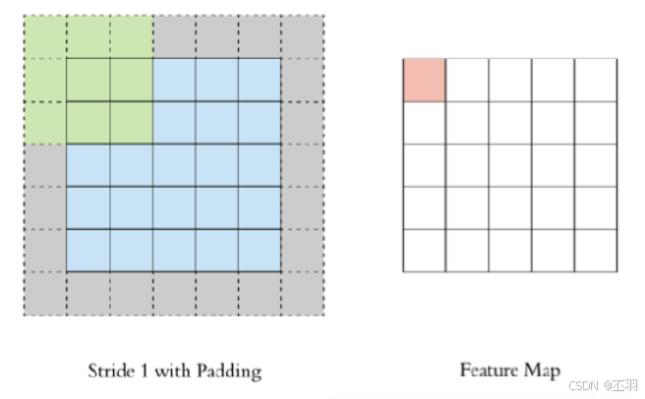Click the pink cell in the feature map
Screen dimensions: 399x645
coord(424,80)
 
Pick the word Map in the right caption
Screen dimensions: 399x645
coord(544,371)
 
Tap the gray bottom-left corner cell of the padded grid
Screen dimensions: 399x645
coord(44,293)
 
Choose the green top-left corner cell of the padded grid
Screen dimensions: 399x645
coord(44,37)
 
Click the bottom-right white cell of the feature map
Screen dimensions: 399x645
coord(595,250)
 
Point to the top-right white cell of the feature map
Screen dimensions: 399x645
coord(595,80)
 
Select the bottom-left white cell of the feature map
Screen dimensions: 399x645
coord(424,250)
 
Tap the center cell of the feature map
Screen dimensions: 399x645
coord(509,165)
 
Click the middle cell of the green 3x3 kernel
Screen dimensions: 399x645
coord(88,80)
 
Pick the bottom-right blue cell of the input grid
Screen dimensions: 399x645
coord(259,250)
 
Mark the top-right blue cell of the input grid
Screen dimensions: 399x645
coord(259,80)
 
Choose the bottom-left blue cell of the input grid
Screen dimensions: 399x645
coord(88,250)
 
